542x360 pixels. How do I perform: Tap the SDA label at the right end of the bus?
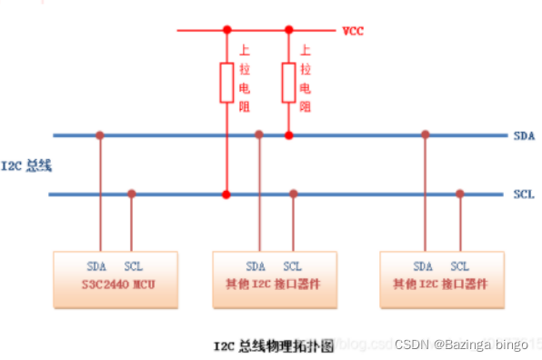[523, 135]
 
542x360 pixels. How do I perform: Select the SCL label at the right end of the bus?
[523, 194]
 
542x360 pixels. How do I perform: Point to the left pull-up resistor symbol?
[226, 82]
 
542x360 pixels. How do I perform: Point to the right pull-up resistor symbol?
[289, 82]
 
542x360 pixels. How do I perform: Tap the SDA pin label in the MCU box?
[96, 266]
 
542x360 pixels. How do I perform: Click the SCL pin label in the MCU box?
[133, 266]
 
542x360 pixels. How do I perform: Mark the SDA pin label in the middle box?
[256, 266]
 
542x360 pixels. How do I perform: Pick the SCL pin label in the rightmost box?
[460, 266]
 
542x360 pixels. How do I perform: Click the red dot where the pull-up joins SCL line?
[226, 194]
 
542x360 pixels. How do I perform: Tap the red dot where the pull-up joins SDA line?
[289, 135]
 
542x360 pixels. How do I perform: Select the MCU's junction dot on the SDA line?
[99, 135]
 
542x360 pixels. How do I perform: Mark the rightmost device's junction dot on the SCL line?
[460, 194]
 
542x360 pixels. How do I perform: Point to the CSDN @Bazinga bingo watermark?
[461, 345]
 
